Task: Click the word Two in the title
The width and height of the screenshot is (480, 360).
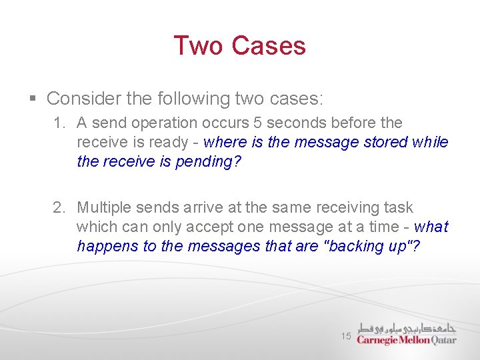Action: click(x=198, y=45)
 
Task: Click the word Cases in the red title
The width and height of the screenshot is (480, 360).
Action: click(x=269, y=45)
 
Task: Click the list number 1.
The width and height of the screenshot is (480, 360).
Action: click(x=59, y=123)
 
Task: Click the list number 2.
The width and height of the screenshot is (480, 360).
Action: click(x=59, y=208)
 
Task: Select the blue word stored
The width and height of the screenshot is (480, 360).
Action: click(x=386, y=142)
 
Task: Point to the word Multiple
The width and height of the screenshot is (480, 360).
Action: click(x=103, y=208)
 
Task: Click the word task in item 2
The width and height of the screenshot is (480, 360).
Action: click(x=398, y=208)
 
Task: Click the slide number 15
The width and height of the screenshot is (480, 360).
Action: click(x=346, y=336)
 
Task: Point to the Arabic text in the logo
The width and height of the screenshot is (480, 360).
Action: click(x=407, y=327)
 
